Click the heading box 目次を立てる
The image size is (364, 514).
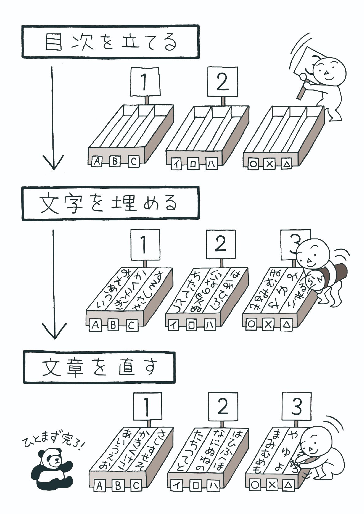coord(111,42)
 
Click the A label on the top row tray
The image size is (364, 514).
coord(97,162)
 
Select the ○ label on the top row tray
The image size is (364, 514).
coord(253,164)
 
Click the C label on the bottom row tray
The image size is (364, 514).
coord(136,485)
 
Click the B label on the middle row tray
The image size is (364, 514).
coord(113,325)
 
